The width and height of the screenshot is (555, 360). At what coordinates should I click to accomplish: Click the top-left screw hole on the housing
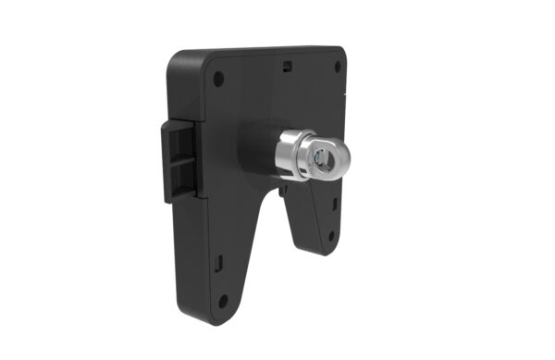(x=219, y=80)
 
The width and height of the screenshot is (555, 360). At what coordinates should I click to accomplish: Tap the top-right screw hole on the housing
(x=337, y=66)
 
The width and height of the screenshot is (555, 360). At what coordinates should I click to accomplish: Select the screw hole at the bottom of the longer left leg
(x=222, y=299)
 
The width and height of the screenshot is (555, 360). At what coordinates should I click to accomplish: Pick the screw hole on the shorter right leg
(x=330, y=236)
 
